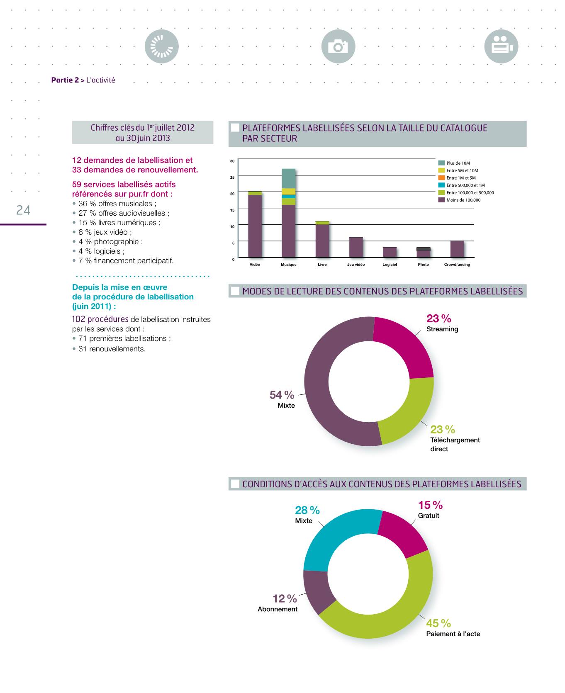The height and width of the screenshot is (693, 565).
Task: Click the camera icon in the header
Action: tap(338, 46)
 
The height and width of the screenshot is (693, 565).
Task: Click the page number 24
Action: tap(23, 211)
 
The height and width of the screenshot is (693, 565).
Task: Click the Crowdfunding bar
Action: tap(457, 249)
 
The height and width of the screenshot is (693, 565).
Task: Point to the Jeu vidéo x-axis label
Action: tap(356, 265)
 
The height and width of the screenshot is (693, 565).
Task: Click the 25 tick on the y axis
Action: tap(232, 177)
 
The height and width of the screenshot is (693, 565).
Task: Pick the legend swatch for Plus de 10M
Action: tap(442, 163)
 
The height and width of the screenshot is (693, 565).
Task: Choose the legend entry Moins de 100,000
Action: tap(463, 200)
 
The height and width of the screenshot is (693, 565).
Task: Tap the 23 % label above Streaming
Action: tap(438, 319)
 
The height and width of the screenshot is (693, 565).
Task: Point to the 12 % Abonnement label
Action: tap(285, 598)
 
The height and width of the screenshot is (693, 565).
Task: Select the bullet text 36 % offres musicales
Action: tap(117, 204)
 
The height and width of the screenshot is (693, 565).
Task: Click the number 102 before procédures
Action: tap(78, 319)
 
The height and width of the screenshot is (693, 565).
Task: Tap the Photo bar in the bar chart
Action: tap(423, 252)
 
